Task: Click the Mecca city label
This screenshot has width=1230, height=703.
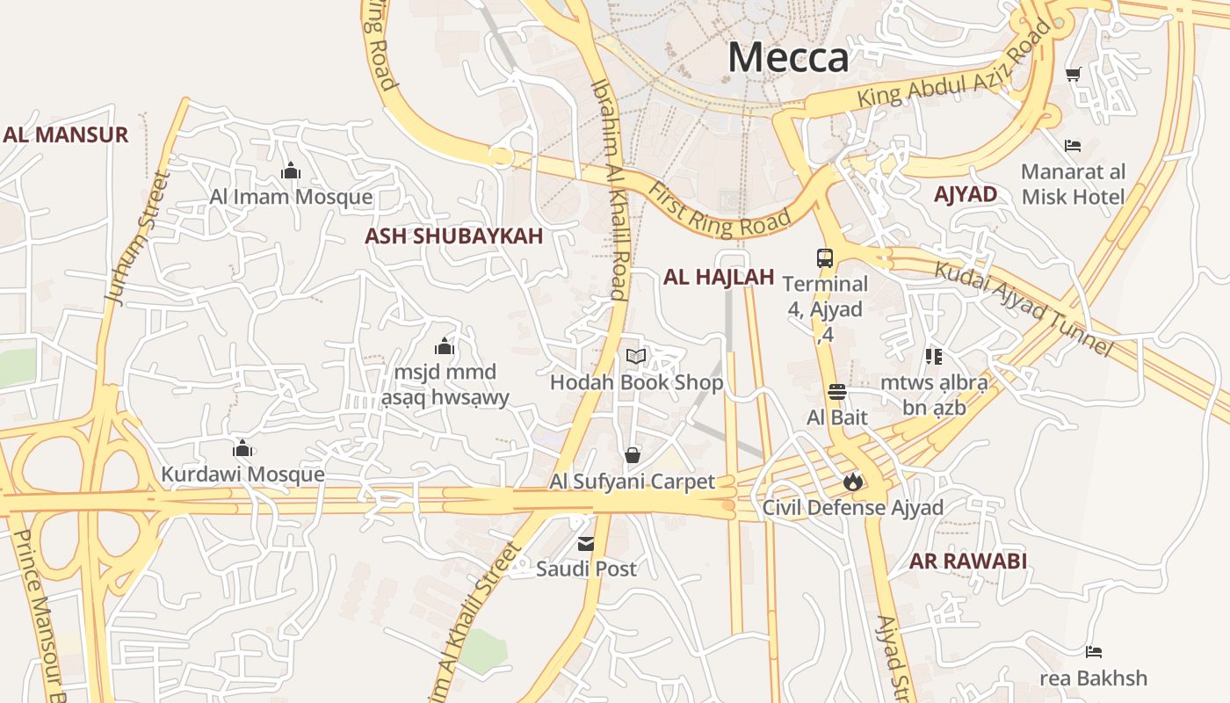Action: pyautogui.click(x=788, y=58)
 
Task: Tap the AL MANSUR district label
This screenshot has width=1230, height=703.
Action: pyautogui.click(x=66, y=134)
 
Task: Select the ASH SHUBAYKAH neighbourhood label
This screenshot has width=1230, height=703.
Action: pyautogui.click(x=453, y=236)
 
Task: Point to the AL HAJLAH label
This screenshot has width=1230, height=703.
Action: pyautogui.click(x=719, y=277)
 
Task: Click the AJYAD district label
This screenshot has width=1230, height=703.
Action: pyautogui.click(x=966, y=194)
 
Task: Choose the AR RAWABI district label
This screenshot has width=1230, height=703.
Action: pyautogui.click(x=967, y=561)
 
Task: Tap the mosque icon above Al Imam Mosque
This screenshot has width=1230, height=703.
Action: pyautogui.click(x=291, y=170)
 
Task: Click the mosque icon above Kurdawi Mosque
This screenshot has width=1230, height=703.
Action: pyautogui.click(x=242, y=449)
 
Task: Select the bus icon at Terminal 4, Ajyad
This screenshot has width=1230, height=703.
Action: pyautogui.click(x=824, y=257)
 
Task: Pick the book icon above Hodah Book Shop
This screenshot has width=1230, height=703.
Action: pyautogui.click(x=636, y=356)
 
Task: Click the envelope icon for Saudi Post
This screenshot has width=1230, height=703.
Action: pyautogui.click(x=586, y=544)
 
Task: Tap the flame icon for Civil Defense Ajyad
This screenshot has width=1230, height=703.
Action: pyautogui.click(x=852, y=482)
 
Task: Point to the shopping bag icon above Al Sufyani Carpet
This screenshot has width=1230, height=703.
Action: pyautogui.click(x=632, y=455)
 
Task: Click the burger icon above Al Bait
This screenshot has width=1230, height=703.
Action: pyautogui.click(x=836, y=391)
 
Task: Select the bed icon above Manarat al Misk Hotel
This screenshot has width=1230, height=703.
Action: pyautogui.click(x=1072, y=145)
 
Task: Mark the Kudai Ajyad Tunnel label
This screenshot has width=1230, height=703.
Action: pyautogui.click(x=1023, y=308)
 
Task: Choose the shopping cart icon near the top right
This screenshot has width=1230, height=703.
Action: pyautogui.click(x=1073, y=75)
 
